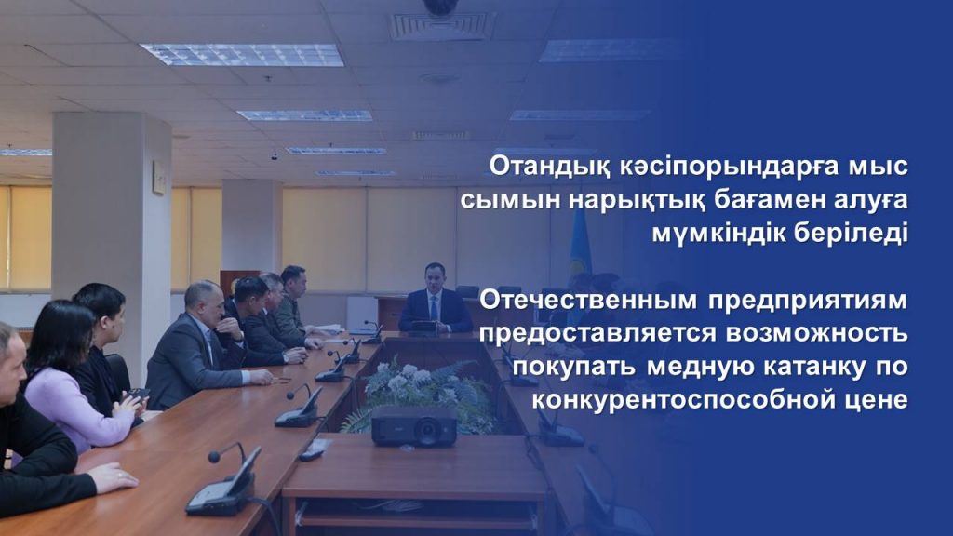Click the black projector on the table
pos(414,426)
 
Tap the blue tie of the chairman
pos(434,309)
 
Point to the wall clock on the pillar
pos(158,178)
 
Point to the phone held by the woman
pos(137,395)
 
